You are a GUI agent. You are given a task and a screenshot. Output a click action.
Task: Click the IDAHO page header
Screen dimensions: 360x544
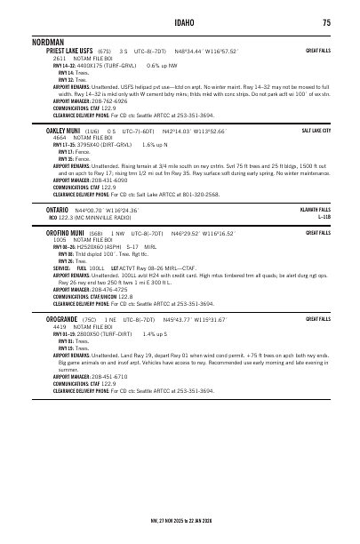[x=180, y=21]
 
